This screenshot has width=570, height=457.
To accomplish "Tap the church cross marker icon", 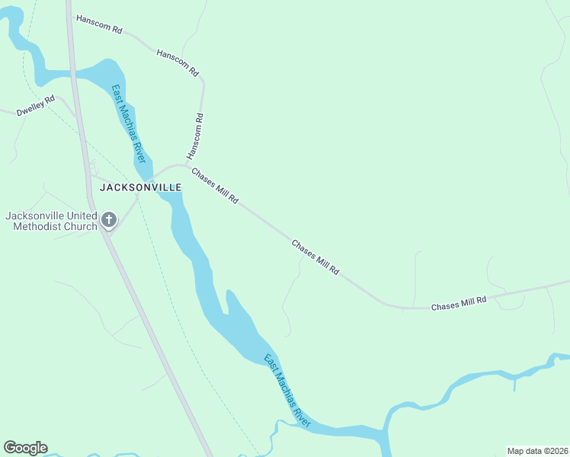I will click(109, 221).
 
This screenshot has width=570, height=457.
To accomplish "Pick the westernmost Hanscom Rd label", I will click(99, 24).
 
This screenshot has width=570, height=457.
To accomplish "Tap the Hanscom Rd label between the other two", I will click(178, 63).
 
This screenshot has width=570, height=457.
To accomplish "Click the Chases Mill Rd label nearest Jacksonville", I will click(215, 186).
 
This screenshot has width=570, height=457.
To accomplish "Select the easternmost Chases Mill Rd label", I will click(459, 302).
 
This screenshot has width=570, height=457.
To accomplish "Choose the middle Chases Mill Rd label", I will click(315, 257).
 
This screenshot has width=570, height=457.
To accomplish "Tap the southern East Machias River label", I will click(287, 390).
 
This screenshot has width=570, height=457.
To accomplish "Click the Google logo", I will click(25, 448).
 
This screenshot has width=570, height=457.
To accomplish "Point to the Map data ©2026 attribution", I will click(537, 451).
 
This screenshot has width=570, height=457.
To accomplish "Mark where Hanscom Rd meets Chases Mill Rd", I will click(186, 165).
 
